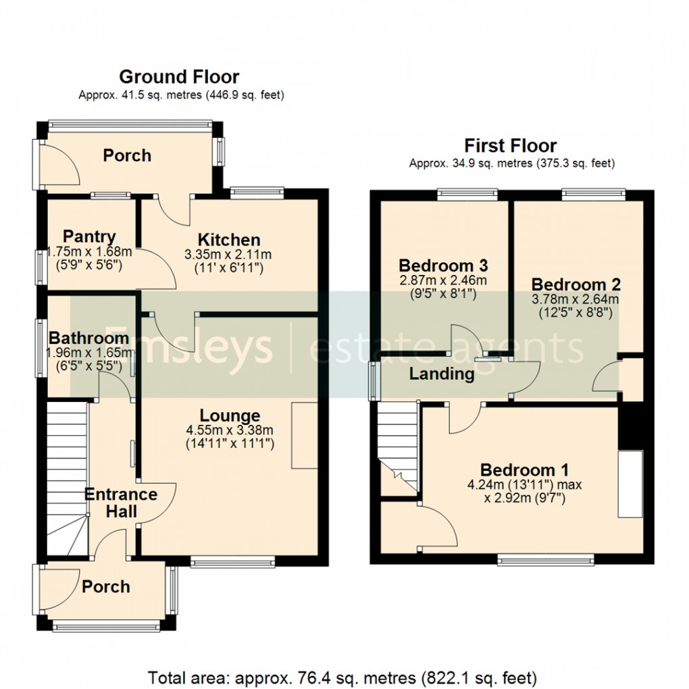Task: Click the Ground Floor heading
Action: (179, 77)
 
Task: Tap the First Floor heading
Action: (511, 145)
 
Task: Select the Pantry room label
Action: (89, 236)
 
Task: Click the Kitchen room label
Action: (229, 240)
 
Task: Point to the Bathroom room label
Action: (88, 338)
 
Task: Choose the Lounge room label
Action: (230, 415)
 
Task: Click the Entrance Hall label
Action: (121, 503)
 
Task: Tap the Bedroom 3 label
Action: (443, 265)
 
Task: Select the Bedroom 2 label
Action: (576, 284)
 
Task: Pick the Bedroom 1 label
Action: (525, 470)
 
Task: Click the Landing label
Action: (442, 374)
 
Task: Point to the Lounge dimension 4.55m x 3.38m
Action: (230, 430)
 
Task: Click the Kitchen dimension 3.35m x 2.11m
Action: (228, 255)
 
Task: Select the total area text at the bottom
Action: (342, 678)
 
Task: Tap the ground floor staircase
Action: (68, 478)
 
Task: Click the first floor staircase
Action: (398, 449)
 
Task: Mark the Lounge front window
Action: (233, 561)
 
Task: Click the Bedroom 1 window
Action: (546, 559)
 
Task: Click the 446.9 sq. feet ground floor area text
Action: (245, 95)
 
